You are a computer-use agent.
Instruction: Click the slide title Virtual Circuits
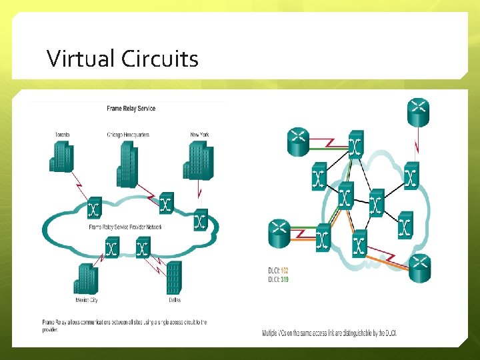pyautogui.click(x=123, y=59)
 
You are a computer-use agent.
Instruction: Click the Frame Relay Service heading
pyautogui.click(x=131, y=109)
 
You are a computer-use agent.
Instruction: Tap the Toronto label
pyautogui.click(x=62, y=135)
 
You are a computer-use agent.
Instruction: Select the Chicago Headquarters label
pyautogui.click(x=128, y=135)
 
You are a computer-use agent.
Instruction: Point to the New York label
pyautogui.click(x=199, y=135)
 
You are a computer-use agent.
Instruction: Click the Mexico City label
pyautogui.click(x=85, y=300)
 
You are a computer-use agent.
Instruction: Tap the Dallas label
pyautogui.click(x=174, y=300)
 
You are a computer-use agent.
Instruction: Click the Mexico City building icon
pyautogui.click(x=85, y=279)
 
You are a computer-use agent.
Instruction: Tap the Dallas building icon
pyautogui.click(x=173, y=278)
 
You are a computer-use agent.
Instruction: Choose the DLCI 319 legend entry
pyautogui.click(x=277, y=279)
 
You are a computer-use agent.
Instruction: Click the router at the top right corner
pyautogui.click(x=419, y=111)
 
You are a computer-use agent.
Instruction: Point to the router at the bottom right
pyautogui.click(x=419, y=268)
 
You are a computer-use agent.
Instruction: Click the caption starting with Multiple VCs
pyautogui.click(x=329, y=333)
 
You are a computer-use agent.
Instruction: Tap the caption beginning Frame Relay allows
pyautogui.click(x=119, y=326)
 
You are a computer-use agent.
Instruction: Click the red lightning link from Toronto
pyautogui.click(x=79, y=181)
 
